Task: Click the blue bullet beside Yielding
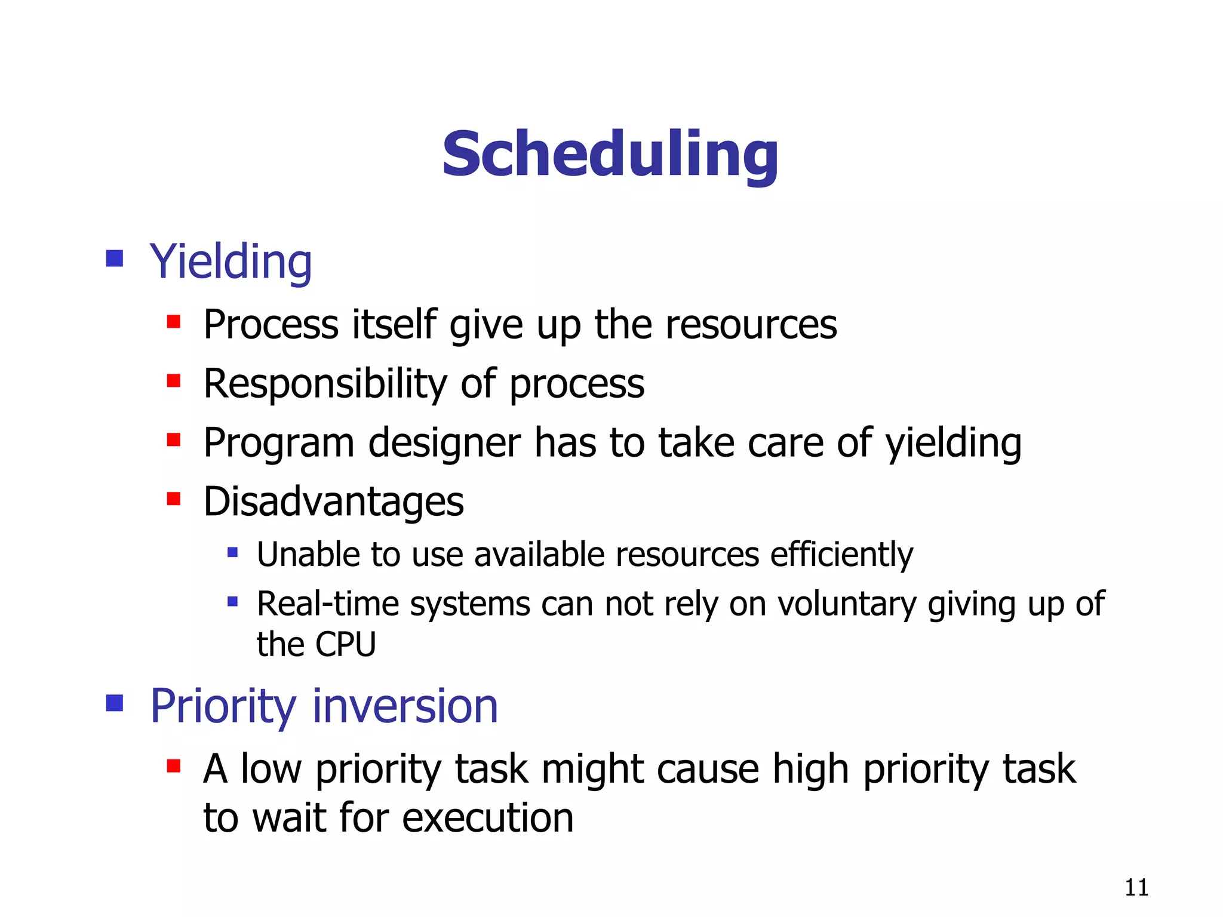click(114, 259)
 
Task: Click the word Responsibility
click(325, 383)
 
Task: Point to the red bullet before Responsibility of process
click(174, 380)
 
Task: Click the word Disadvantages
click(333, 501)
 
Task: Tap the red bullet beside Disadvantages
click(174, 498)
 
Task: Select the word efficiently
click(841, 555)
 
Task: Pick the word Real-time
click(327, 604)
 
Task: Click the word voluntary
click(846, 605)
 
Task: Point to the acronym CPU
click(345, 644)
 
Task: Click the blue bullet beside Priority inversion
click(114, 703)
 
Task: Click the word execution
click(487, 818)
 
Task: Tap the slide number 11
click(1136, 888)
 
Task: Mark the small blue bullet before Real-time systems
click(233, 602)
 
